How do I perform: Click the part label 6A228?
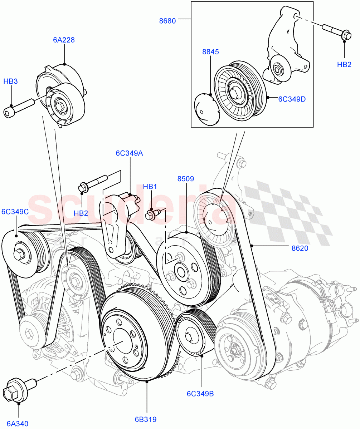pyautogui.click(x=64, y=40)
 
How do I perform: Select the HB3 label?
pyautogui.click(x=10, y=82)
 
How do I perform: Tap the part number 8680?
pyautogui.click(x=167, y=21)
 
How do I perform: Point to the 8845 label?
pyautogui.click(x=210, y=52)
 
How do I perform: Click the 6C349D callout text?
pyautogui.click(x=292, y=99)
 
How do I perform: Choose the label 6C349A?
pyautogui.click(x=129, y=153)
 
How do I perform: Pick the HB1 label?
pyautogui.click(x=150, y=187)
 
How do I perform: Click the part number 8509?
pyautogui.click(x=186, y=179)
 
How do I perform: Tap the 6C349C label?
pyautogui.click(x=15, y=212)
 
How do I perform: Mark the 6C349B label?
pyautogui.click(x=200, y=394)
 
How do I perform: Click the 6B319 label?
pyautogui.click(x=146, y=419)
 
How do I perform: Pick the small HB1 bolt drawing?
pyautogui.click(x=154, y=214)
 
